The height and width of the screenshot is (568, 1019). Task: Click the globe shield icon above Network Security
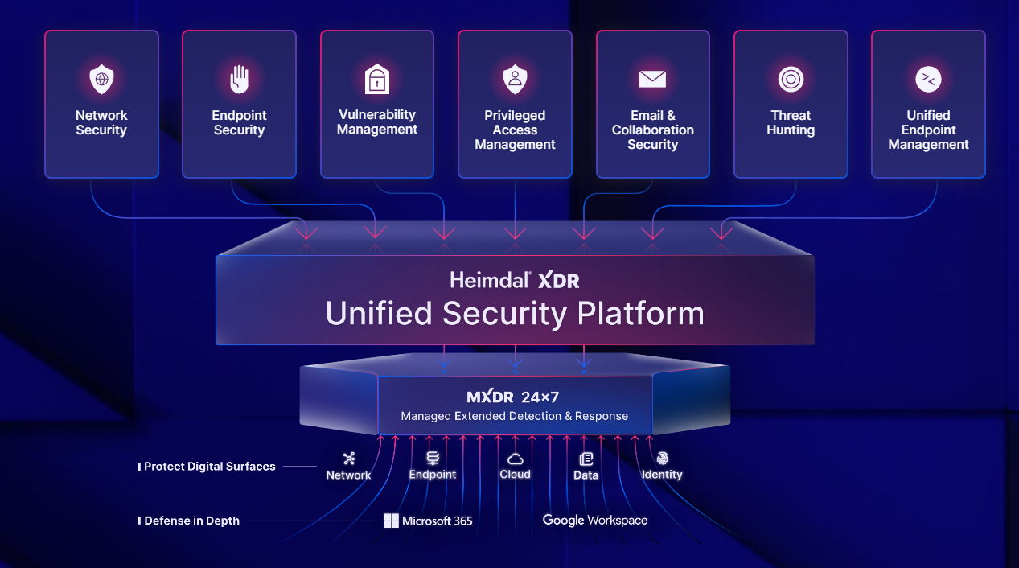coord(101,80)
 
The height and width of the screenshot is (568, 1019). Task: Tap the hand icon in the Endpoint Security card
coord(239,80)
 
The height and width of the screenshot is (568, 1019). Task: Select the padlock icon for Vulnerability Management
coord(377,80)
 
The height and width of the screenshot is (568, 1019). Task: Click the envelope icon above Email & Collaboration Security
coord(652,79)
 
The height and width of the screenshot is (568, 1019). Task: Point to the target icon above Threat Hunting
coord(791,79)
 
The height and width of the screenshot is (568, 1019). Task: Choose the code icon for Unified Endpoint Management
coord(928,79)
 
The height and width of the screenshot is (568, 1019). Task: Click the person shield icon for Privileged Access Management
coord(515,80)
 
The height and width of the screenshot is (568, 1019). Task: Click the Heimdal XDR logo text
coord(515,280)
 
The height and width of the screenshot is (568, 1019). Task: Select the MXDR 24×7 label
coord(514,397)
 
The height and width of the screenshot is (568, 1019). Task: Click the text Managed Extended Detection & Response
coord(514,416)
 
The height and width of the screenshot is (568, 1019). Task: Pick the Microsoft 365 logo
coord(428,521)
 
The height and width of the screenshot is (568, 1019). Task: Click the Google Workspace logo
coord(594,521)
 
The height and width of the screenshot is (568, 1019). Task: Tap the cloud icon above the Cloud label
coord(515,459)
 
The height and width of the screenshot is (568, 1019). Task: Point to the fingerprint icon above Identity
coord(662,459)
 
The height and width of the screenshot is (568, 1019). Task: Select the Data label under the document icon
coord(586,475)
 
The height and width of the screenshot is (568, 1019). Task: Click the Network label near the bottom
coord(348,475)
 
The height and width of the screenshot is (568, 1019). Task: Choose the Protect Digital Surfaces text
coord(209,467)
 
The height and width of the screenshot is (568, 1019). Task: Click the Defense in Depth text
coord(191,521)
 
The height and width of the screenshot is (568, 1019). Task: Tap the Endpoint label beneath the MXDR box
coord(432,475)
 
